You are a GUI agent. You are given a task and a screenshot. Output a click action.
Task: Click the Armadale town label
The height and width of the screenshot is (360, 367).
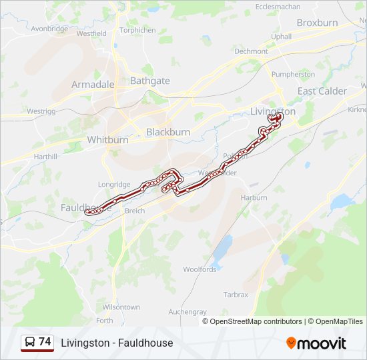click(x=93, y=85)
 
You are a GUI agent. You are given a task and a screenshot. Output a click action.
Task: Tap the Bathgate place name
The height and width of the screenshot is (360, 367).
click(x=150, y=81)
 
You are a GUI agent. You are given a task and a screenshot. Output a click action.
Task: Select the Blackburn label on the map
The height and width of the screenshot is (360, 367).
click(x=167, y=132)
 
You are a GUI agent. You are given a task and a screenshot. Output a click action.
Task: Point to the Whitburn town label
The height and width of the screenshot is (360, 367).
click(x=107, y=140)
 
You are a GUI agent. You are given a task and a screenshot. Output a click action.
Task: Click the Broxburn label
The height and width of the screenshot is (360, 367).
click(x=317, y=23)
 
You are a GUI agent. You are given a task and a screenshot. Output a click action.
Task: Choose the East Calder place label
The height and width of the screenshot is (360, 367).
click(x=322, y=91)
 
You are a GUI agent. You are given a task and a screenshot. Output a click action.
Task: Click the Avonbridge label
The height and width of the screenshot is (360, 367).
click(x=49, y=29)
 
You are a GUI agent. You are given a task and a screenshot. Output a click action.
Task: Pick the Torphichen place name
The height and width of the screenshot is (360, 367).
click(x=138, y=30)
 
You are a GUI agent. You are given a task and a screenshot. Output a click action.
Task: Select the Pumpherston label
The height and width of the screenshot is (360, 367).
click(x=294, y=74)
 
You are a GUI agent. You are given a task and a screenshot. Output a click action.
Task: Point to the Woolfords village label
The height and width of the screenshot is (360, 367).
click(x=200, y=269)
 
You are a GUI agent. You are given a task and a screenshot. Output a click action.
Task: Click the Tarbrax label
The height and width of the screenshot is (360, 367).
click(x=236, y=294)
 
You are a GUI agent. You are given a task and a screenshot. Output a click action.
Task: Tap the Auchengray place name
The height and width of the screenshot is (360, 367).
click(x=188, y=311)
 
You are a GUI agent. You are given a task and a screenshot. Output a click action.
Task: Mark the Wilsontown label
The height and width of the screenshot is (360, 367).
click(x=121, y=307)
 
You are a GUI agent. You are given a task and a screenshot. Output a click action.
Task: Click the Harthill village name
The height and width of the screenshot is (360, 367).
click(x=45, y=156)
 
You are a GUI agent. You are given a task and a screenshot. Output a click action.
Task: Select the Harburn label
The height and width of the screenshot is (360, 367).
click(x=254, y=198)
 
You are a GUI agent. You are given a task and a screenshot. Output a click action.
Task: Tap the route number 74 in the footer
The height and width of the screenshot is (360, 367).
click(x=45, y=342)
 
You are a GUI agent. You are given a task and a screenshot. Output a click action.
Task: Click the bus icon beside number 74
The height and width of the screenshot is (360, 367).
click(x=30, y=343)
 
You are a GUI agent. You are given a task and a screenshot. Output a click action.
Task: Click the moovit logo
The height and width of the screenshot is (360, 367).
click(x=316, y=343)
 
